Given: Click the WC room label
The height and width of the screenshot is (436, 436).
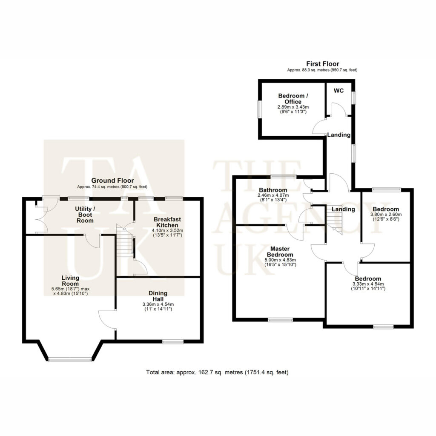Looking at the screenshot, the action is click(338, 91).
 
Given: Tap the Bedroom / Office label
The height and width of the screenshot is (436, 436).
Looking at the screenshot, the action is click(293, 99).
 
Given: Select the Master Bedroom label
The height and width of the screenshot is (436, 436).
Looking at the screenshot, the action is click(280, 252).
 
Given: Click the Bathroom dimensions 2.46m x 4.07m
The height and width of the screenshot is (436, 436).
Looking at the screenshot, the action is click(273, 195).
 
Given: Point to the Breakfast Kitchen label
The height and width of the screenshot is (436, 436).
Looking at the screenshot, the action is click(167, 222).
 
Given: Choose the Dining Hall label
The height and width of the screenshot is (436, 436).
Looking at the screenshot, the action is click(158, 296).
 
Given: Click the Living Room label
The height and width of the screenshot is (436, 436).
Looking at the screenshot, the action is click(70, 281).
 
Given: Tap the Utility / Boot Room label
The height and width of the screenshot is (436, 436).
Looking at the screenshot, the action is click(85, 215).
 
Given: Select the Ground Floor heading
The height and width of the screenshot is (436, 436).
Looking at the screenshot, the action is click(112, 181).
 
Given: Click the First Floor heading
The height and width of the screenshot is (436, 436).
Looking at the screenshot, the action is click(323, 64).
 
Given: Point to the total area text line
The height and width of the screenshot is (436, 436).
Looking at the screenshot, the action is click(217, 372).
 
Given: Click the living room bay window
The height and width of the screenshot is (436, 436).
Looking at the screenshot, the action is click(70, 359).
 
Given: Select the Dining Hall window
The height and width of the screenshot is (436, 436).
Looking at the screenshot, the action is click(173, 342).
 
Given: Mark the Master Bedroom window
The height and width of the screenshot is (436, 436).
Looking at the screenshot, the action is click(281, 320).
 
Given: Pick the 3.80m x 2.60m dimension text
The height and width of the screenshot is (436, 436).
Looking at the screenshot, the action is click(386, 215).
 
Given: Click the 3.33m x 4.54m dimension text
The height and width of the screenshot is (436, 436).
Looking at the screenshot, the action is click(368, 284).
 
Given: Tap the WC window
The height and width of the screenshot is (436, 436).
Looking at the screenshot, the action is click(354, 98).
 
